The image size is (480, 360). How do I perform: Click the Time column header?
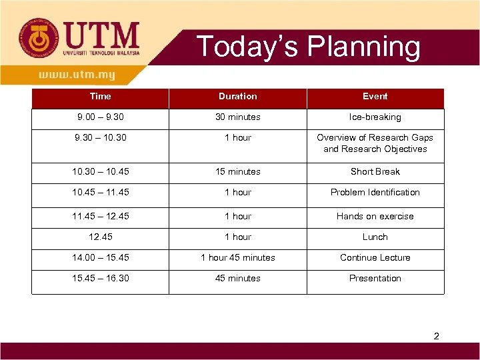click(100, 97)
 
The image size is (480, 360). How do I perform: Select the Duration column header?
click(237, 97)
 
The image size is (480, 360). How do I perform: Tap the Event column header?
click(375, 97)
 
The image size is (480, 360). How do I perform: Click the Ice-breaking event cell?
click(375, 117)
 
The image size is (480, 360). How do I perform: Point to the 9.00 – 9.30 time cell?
click(100, 117)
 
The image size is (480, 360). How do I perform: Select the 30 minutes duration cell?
click(237, 117)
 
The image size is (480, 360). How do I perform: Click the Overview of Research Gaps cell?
click(375, 143)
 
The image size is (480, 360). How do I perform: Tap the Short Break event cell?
click(375, 172)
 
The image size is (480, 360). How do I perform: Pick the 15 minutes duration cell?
click(237, 172)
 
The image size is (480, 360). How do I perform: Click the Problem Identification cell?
click(375, 193)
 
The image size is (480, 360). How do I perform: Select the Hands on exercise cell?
click(375, 217)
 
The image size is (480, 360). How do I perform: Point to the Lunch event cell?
click(375, 237)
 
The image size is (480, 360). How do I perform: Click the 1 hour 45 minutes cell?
click(237, 258)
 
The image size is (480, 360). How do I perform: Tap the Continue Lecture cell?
click(375, 258)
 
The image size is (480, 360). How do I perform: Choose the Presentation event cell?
click(375, 279)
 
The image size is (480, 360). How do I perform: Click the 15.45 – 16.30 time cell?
click(100, 279)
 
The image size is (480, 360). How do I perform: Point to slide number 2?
click(436, 337)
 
